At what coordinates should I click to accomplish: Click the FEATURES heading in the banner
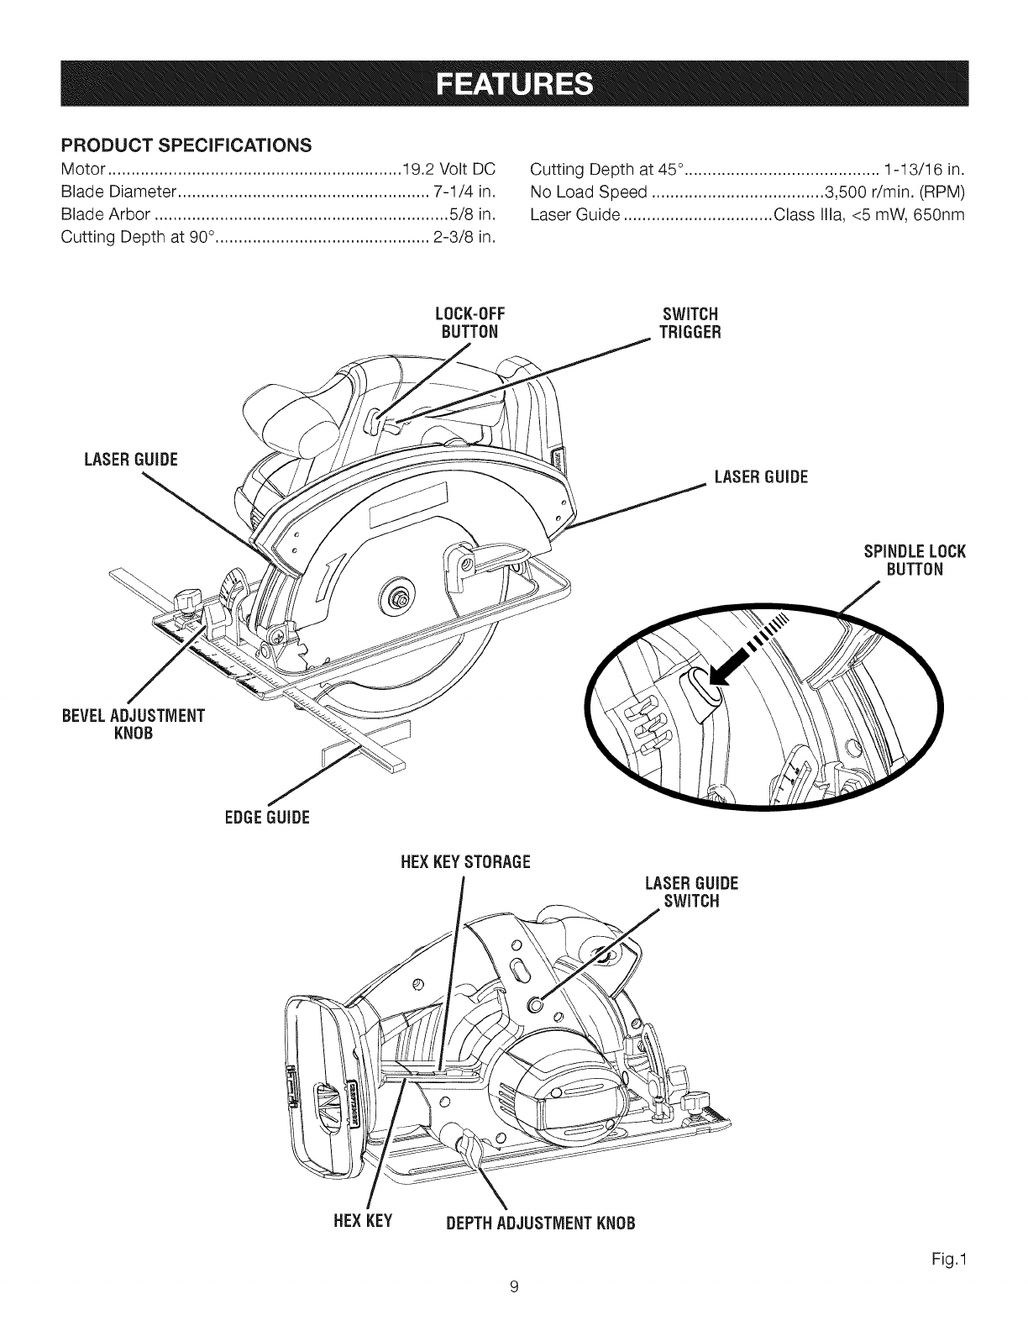pyautogui.click(x=514, y=85)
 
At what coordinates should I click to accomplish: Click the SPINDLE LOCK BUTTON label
pyautogui.click(x=915, y=560)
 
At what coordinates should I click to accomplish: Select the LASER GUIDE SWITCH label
pyautogui.click(x=690, y=892)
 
